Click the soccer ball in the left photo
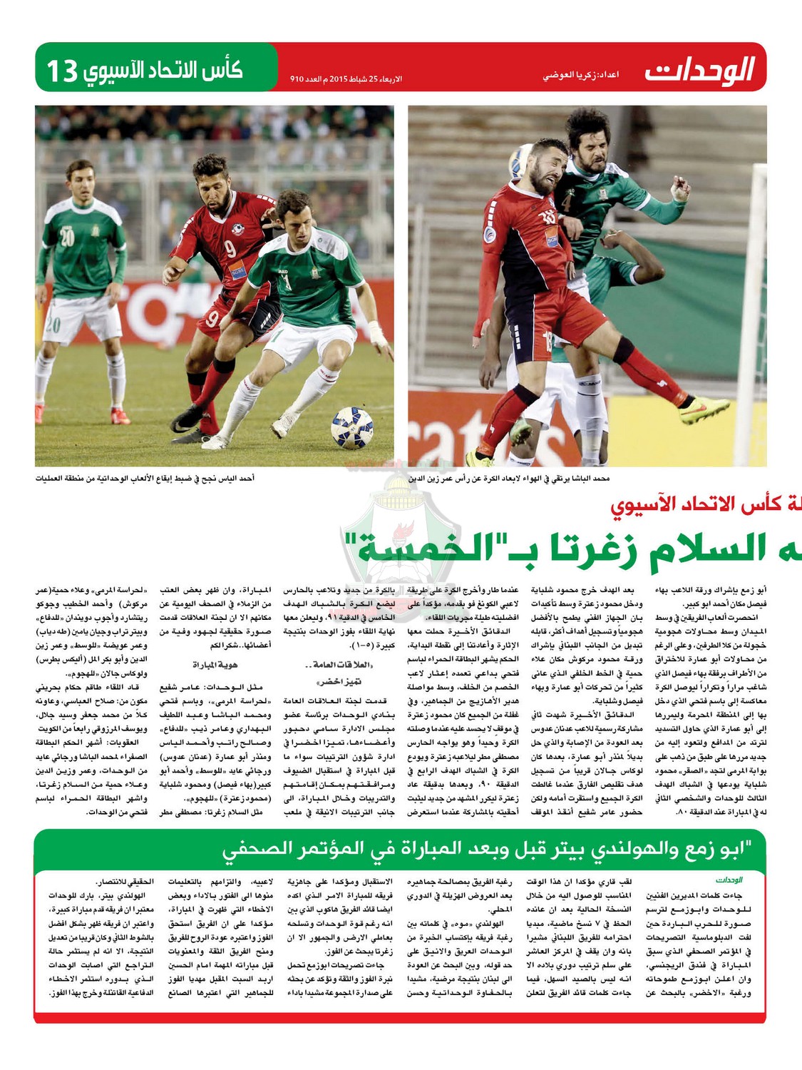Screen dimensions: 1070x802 (352, 427)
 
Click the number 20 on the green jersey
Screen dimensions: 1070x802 (67, 238)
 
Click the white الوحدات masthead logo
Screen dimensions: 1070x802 (699, 71)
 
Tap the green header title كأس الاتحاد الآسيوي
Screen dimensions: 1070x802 (163, 71)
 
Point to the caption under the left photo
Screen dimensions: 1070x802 (145, 478)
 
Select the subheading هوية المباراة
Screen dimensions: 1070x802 (215, 665)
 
